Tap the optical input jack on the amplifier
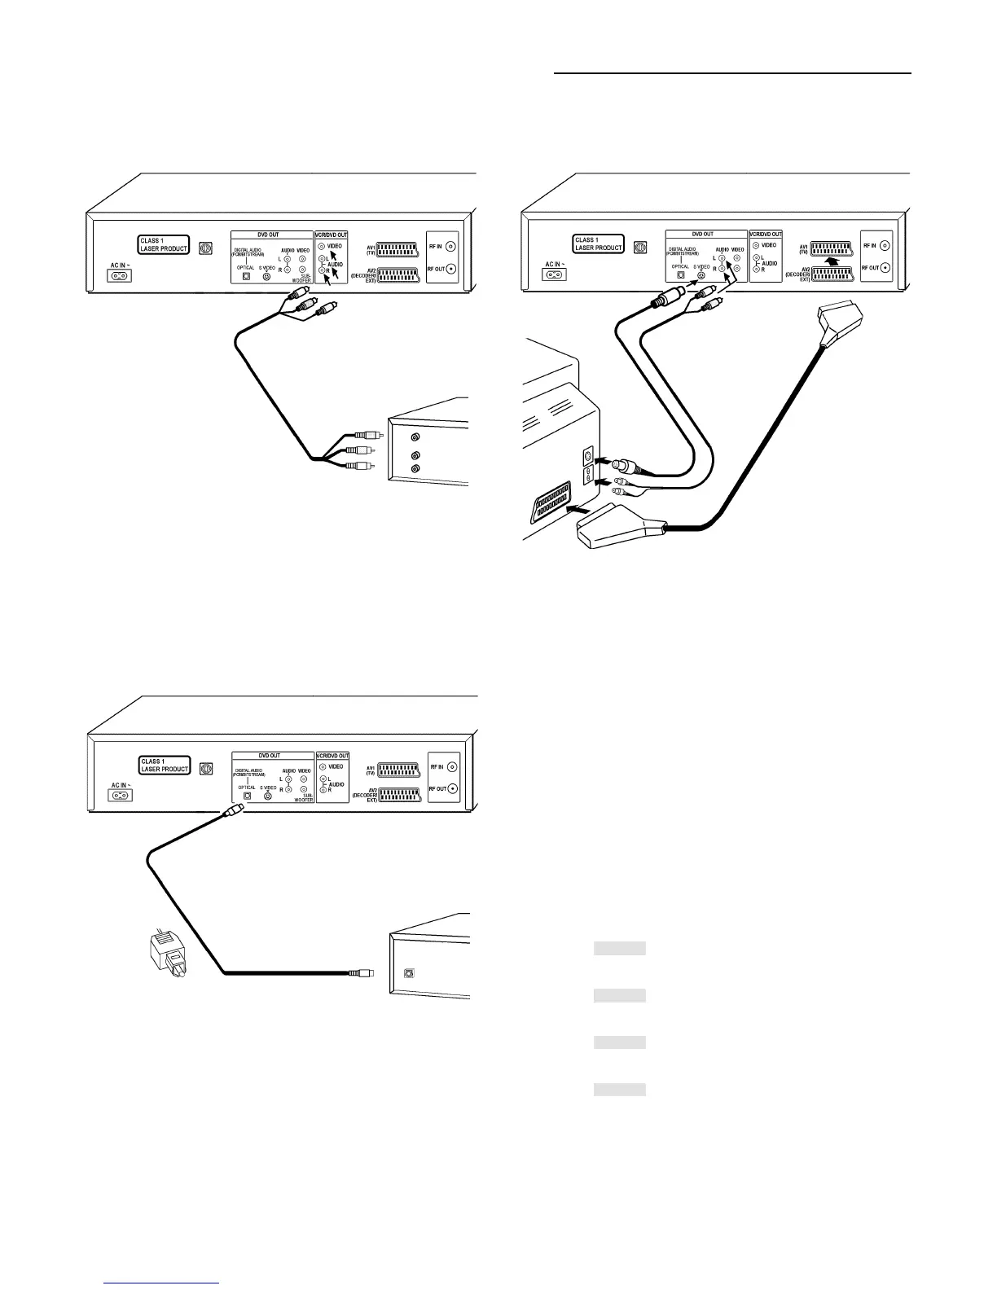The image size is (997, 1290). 409,972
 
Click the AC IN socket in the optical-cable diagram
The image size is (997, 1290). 120,795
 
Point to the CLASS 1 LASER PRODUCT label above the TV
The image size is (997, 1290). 598,244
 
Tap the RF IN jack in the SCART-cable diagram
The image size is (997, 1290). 885,245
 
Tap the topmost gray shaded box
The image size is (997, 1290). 619,948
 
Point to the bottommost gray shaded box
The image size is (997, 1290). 619,1090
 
